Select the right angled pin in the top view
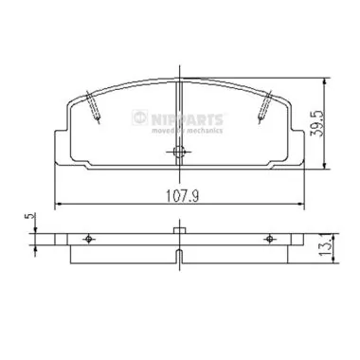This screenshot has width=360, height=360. click(267, 106)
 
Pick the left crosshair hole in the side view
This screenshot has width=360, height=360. click(89, 238)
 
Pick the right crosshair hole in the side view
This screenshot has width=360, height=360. click(269, 238)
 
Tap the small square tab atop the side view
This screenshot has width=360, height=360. click(179, 229)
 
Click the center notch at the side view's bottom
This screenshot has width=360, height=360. click(179, 256)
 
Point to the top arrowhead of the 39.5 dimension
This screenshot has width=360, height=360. click(325, 79)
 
